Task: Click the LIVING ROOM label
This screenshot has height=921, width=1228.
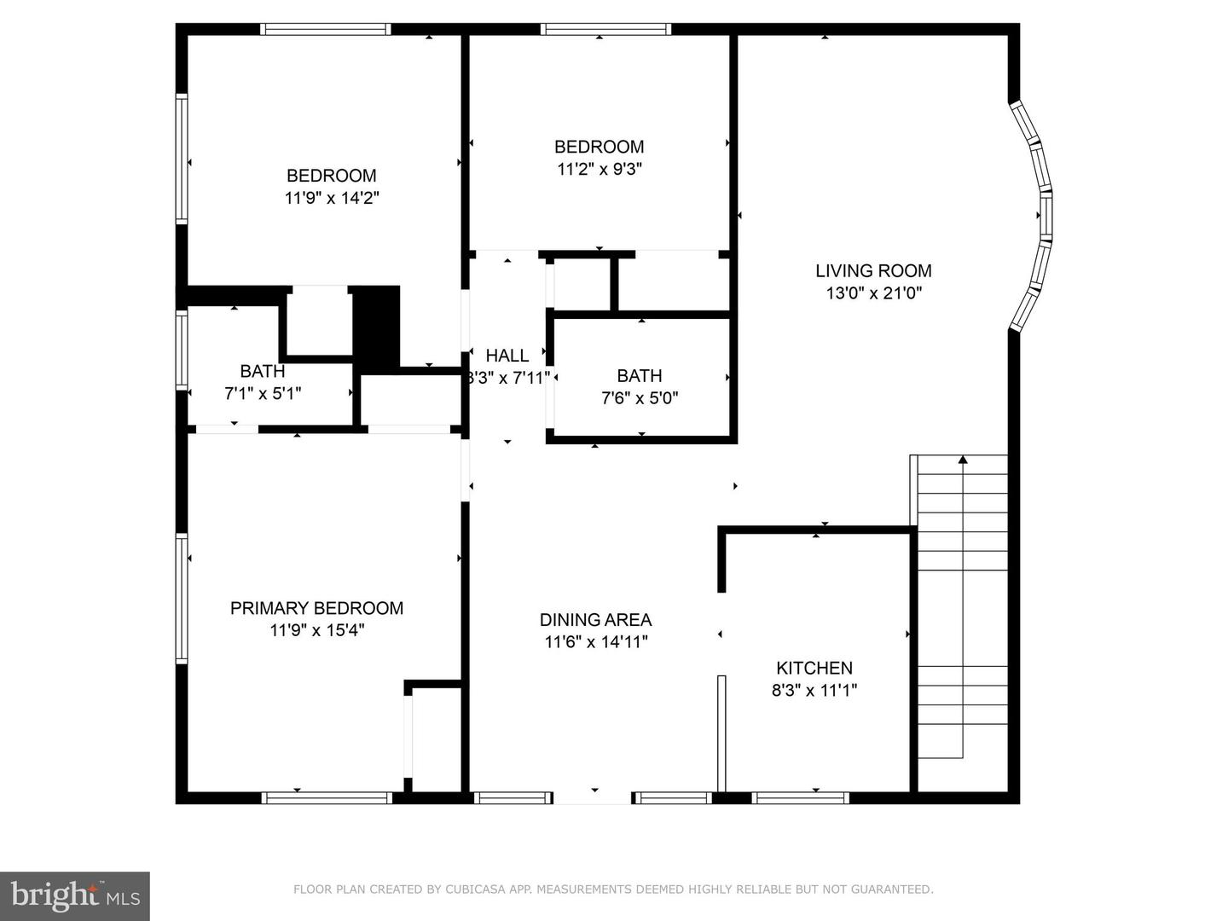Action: (873, 271)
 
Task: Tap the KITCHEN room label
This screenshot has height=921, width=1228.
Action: (814, 669)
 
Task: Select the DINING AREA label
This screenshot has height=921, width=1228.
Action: (595, 620)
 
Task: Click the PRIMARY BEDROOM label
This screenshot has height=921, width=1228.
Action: (316, 608)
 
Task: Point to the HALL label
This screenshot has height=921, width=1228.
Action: (507, 356)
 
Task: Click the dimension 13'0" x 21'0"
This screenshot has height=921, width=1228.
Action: (873, 293)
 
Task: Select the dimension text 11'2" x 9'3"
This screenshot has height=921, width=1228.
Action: (599, 169)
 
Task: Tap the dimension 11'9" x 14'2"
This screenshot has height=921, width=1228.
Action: (331, 198)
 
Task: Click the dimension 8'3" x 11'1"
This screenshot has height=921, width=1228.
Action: (814, 691)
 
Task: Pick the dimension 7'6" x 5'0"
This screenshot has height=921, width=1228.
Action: (639, 397)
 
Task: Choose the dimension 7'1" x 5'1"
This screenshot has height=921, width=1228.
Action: (262, 393)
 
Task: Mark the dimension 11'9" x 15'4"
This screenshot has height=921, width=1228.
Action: (316, 630)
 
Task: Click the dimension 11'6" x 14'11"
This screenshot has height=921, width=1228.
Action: (595, 642)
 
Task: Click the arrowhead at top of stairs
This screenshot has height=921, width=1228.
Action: (963, 460)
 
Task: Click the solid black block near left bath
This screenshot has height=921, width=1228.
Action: (376, 327)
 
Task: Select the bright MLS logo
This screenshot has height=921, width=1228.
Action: (75, 895)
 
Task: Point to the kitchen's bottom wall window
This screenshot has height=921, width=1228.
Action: (800, 798)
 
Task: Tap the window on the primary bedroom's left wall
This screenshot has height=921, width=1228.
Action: (182, 598)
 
